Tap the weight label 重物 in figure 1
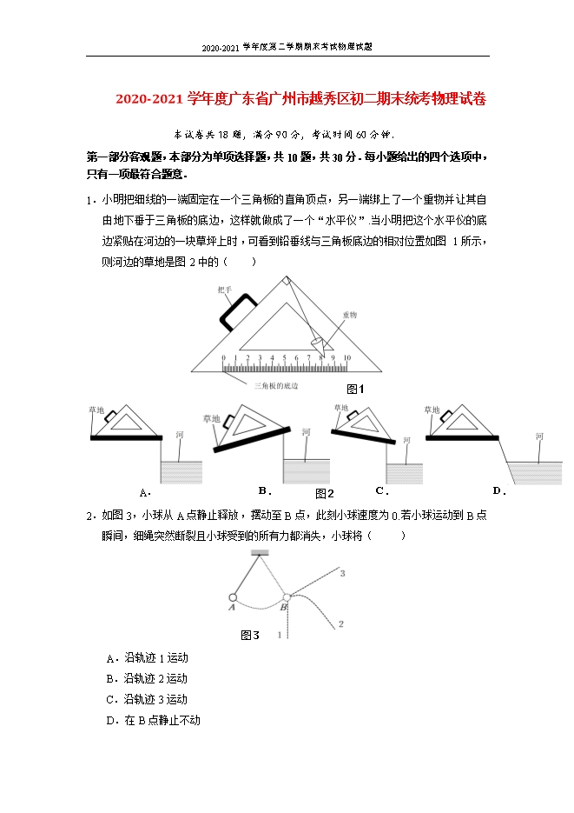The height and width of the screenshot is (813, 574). click(349, 315)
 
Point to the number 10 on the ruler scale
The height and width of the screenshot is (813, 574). click(346, 358)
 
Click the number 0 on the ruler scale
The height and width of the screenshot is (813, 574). click(222, 358)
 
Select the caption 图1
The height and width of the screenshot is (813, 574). click(354, 389)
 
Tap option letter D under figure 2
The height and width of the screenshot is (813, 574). click(498, 490)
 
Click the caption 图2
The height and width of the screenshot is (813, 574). click(324, 493)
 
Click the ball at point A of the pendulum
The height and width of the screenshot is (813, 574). click(233, 597)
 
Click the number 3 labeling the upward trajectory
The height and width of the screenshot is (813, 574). click(342, 574)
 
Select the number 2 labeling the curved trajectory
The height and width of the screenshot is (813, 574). click(341, 623)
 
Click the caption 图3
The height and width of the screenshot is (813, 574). click(249, 636)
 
